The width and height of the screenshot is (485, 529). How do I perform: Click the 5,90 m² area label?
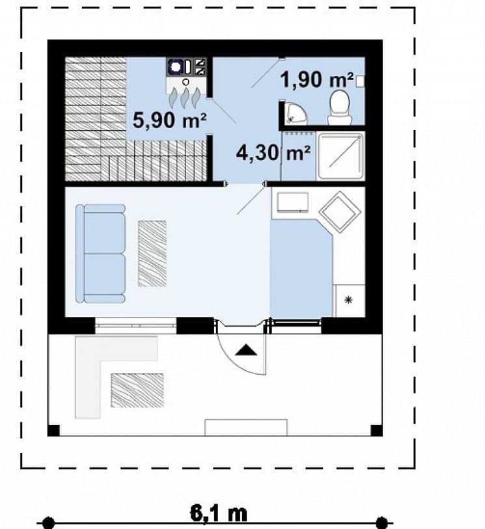click(169, 120)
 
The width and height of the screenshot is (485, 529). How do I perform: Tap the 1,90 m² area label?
click(317, 80)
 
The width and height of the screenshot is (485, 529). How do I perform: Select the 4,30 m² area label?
click(273, 153)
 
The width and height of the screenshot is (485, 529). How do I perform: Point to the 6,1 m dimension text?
click(218, 514)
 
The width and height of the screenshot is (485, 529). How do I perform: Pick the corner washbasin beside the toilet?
click(296, 113)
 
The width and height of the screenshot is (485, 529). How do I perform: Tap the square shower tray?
click(341, 156)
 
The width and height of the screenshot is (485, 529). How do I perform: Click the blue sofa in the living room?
click(100, 254)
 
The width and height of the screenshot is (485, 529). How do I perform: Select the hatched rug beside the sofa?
click(152, 254)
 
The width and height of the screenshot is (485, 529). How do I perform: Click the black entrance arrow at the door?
click(246, 350)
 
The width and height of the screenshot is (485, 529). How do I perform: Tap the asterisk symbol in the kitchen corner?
click(348, 299)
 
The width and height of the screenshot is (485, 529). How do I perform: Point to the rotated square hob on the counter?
click(340, 211)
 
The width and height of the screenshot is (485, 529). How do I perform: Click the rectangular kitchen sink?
click(292, 202)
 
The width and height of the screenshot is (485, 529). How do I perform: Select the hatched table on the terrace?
click(137, 390)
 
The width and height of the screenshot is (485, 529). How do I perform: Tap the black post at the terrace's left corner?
click(53, 431)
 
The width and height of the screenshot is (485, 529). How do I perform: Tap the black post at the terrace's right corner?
click(377, 431)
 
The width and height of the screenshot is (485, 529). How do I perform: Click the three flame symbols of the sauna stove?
click(185, 98)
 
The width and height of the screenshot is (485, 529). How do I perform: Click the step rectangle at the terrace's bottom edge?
click(246, 427)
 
